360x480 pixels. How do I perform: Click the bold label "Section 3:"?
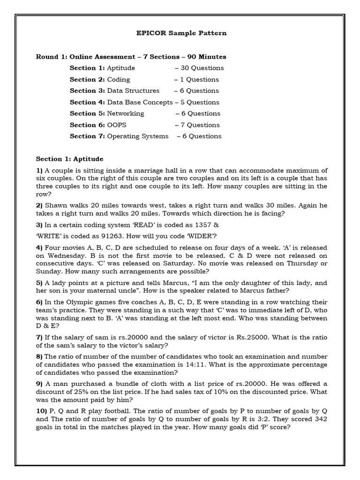tap(87, 90)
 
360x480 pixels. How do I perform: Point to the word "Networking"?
tap(126, 113)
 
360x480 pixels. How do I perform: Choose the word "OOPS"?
tap(117, 125)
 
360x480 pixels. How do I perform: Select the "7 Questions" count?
tap(200, 125)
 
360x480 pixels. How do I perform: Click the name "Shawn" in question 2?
tap(56, 206)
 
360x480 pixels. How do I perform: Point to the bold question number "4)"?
tap(39, 247)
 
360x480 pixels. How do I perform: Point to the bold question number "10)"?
tap(41, 410)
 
